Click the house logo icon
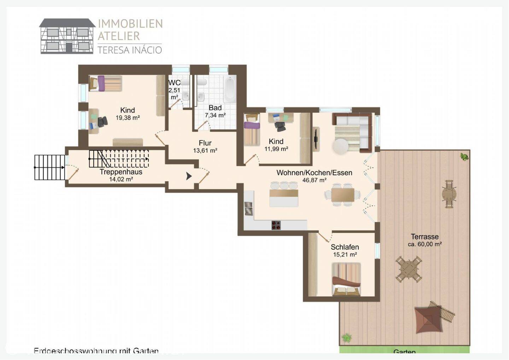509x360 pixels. tap(67, 36)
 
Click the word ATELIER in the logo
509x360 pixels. tap(119, 36)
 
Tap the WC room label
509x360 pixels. tap(174, 83)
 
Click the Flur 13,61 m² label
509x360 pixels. tap(205, 146)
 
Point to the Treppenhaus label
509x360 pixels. tap(121, 172)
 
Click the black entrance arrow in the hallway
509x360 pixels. tap(189, 175)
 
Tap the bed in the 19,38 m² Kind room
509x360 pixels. tap(105, 83)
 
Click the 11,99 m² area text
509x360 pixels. tap(276, 149)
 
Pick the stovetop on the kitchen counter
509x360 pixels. tap(276, 225)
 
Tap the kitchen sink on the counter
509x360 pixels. tap(249, 209)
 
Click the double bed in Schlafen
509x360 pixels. tap(346, 279)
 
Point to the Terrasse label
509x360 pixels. tap(425, 237)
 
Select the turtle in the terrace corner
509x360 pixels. tap(464, 156)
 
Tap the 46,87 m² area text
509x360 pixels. tap(314, 180)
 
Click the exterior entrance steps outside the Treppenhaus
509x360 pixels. tap(49, 167)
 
